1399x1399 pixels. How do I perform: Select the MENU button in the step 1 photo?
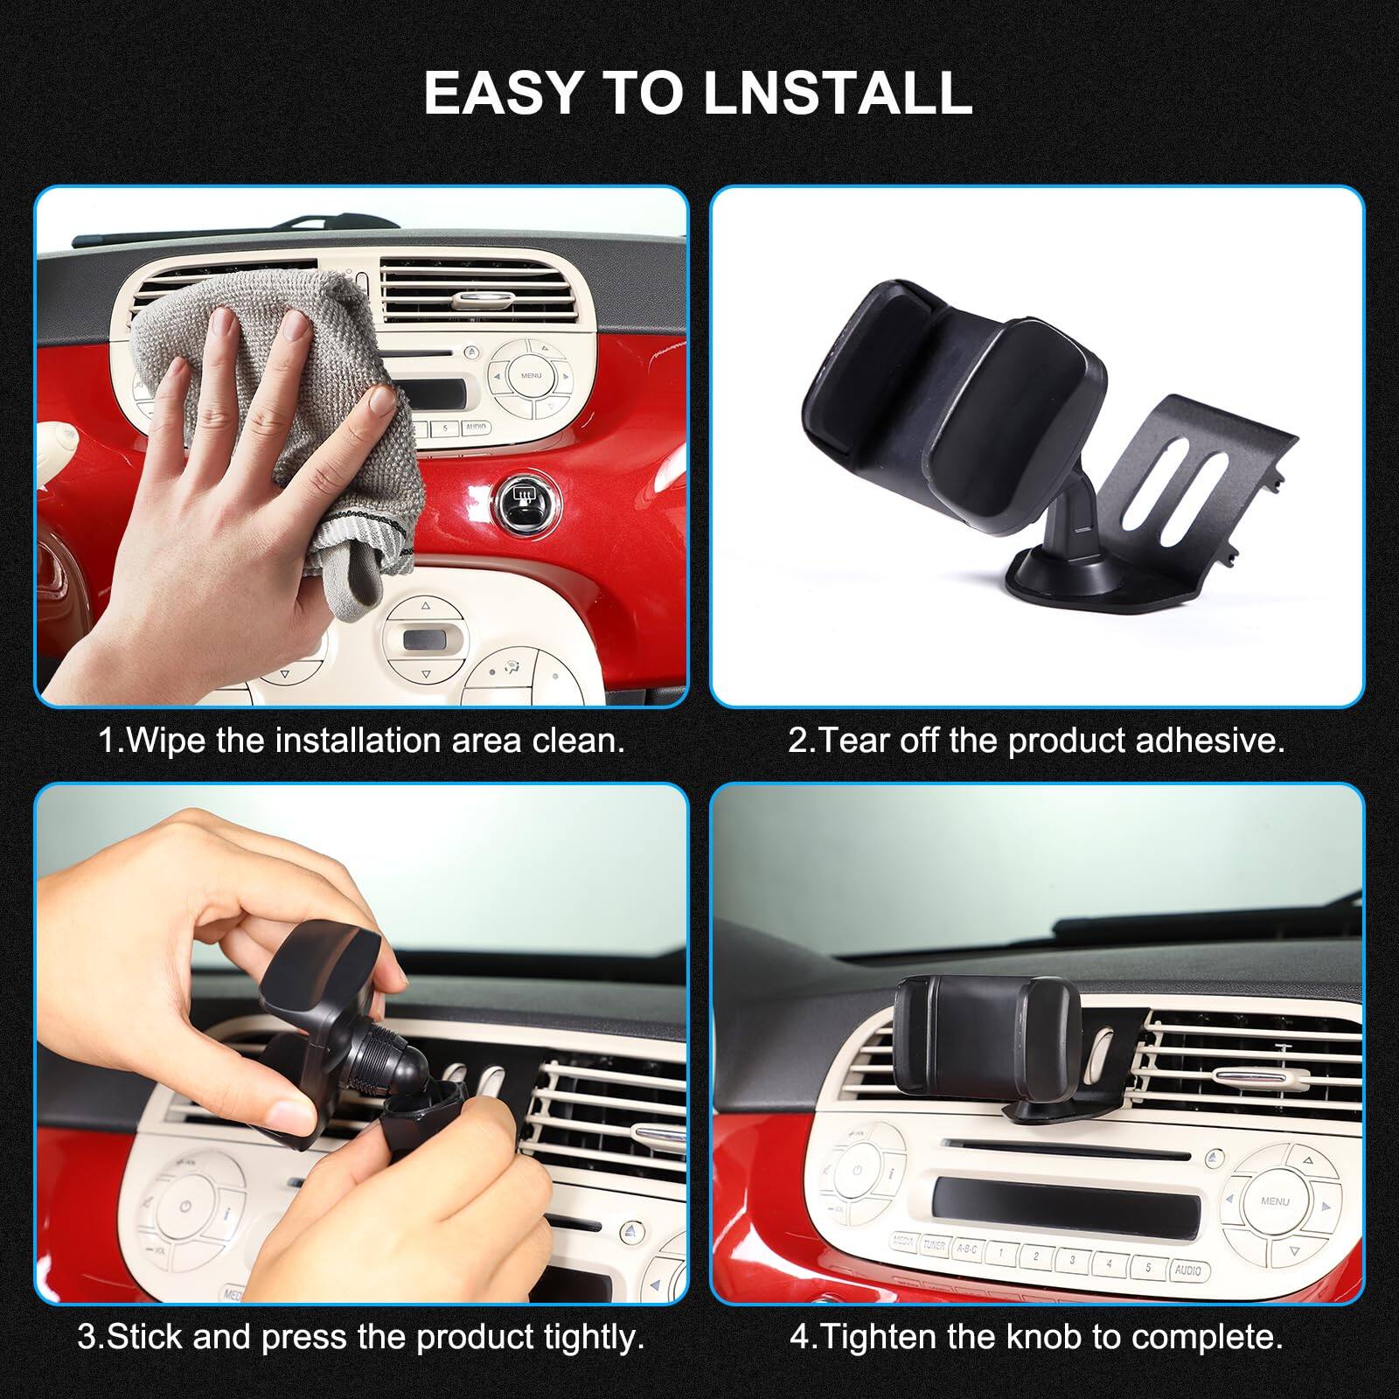(x=531, y=375)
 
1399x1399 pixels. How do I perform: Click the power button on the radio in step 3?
(x=185, y=1207)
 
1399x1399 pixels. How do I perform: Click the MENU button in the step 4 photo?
(x=1274, y=1201)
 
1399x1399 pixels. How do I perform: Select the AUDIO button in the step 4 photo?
(x=1187, y=1269)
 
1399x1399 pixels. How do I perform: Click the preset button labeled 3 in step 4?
(x=1073, y=1260)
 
